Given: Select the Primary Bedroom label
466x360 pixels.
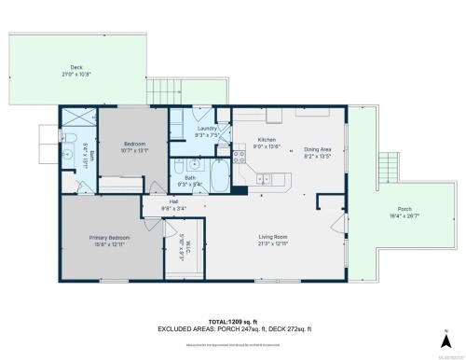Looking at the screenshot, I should (x=110, y=238).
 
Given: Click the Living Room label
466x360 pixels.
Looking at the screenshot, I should (x=272, y=237).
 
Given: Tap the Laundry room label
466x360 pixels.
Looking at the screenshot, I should (x=206, y=131).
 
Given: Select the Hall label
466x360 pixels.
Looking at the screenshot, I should (x=173, y=201).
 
